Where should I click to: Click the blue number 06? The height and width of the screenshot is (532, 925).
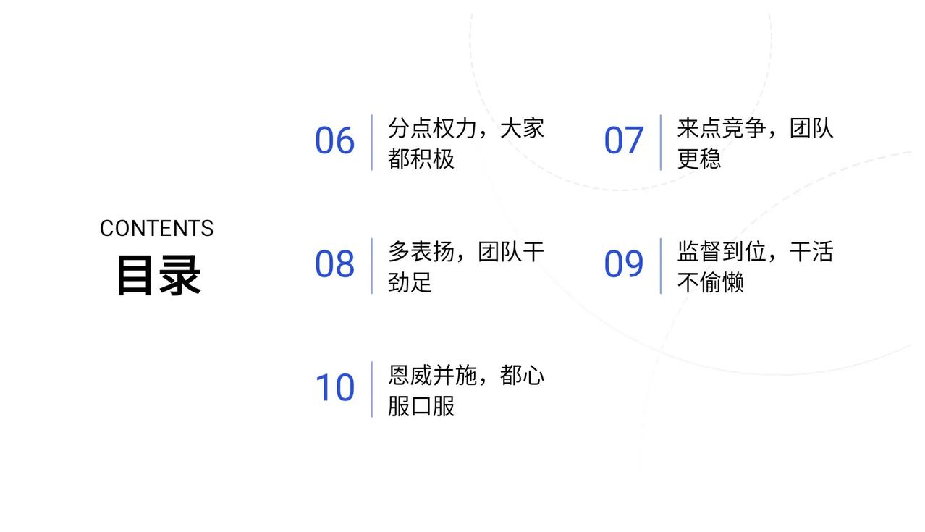coord(334,140)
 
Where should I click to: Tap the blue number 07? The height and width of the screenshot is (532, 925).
coord(624,140)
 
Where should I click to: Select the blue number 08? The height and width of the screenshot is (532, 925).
coord(334,264)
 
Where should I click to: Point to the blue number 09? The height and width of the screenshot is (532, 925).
coord(624,264)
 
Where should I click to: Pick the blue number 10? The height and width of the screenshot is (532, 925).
coord(334,388)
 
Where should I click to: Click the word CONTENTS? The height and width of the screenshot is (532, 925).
coord(156,229)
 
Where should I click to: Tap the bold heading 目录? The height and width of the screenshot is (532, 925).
coord(159,275)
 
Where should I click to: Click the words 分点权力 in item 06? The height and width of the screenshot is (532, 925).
coord(432,128)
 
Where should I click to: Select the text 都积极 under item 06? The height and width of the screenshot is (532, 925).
coord(421,159)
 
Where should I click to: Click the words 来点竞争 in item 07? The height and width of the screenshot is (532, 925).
coord(722,128)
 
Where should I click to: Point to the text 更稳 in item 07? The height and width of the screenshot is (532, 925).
coord(699,159)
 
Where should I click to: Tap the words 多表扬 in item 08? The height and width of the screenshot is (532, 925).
coord(421,252)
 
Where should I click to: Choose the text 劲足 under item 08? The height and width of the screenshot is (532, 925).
coord(410,282)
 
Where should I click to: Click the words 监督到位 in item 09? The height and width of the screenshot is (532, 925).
coord(722,252)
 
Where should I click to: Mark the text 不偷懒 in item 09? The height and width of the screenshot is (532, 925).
coord(711,282)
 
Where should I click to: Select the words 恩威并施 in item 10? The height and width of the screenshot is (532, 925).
coord(432,376)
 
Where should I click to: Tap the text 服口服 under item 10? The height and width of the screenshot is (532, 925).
coord(421,406)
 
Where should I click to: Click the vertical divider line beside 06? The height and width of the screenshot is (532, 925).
coord(371,143)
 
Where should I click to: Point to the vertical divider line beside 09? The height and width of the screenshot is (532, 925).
coord(661,266)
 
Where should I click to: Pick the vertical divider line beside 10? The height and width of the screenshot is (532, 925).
coord(371,389)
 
